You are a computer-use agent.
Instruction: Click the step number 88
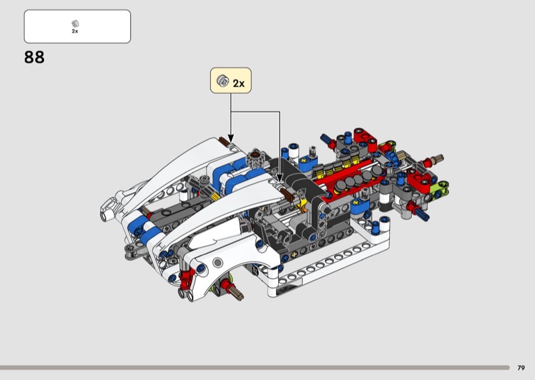coord(34,58)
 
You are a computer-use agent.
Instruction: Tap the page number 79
coord(521,368)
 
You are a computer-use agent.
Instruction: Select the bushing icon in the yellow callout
coord(223,80)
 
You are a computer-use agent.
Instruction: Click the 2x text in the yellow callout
coord(239,84)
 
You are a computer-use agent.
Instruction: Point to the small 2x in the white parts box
coord(75,31)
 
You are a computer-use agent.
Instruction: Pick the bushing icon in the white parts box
coord(75,23)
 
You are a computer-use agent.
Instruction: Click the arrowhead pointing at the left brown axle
coord(231,138)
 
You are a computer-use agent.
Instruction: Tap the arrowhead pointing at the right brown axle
coord(280,178)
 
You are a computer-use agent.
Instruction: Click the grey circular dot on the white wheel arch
coord(217,262)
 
